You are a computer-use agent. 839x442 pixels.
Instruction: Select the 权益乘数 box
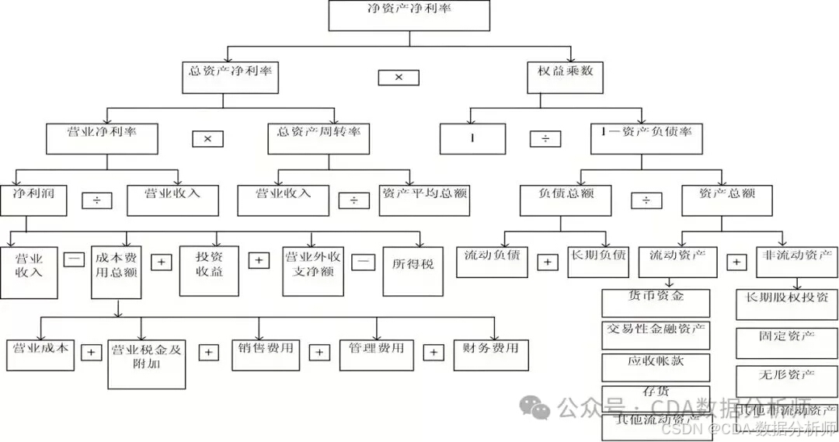tap(566, 77)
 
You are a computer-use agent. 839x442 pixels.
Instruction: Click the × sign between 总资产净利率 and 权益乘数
tap(399, 78)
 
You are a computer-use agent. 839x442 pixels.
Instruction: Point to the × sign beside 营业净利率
tap(207, 139)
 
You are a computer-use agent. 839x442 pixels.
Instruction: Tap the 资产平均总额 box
tap(424, 200)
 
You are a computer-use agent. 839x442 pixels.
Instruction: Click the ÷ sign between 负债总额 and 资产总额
tap(646, 200)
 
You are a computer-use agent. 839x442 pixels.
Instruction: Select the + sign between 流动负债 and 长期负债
tap(547, 262)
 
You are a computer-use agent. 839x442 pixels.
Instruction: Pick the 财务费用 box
tap(490, 354)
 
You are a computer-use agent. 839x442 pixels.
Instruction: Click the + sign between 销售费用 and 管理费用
tap(319, 353)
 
